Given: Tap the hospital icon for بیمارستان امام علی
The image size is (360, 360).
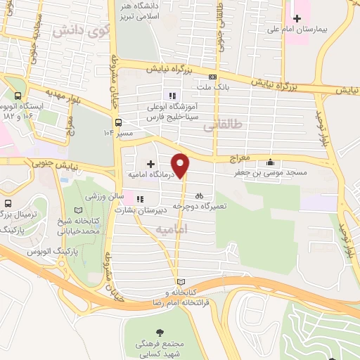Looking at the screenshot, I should pyautogui.click(x=297, y=18).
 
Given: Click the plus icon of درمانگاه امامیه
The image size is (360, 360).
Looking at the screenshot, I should pyautogui.click(x=150, y=164).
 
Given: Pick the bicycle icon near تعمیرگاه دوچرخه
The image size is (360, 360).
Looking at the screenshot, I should pyautogui.click(x=199, y=196).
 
